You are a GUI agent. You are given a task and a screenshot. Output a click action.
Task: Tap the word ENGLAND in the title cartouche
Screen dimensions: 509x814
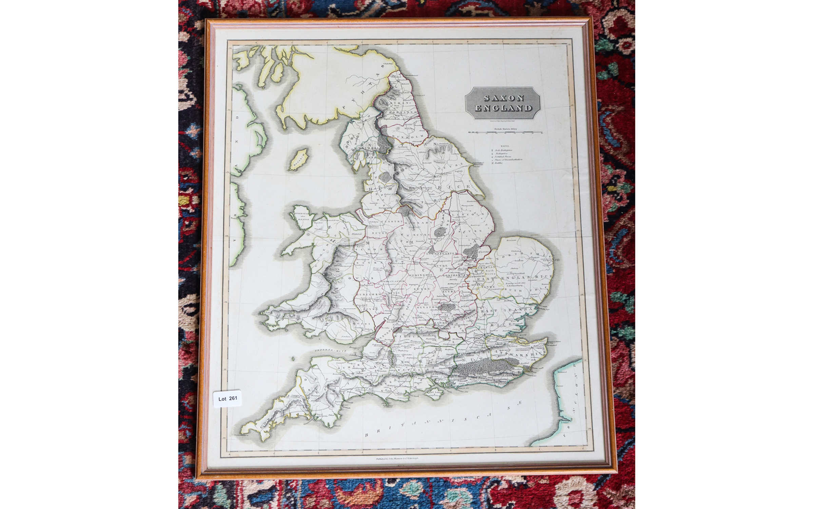503,108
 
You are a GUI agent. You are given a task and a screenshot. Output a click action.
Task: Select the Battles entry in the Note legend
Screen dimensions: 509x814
498,163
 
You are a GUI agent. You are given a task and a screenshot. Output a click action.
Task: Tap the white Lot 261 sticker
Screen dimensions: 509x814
228,398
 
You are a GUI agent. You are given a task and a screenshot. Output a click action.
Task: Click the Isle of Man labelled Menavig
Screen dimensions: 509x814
299,159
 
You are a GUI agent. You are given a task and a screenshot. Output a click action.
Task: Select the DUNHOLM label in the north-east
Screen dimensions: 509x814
404,136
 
